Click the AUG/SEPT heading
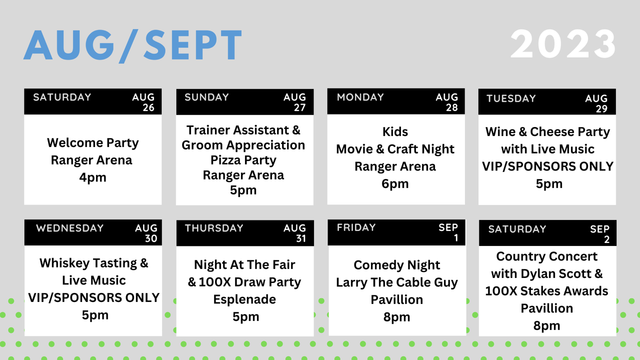tap(133, 45)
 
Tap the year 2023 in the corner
tap(563, 44)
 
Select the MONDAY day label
tap(360, 97)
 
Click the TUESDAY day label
tap(511, 98)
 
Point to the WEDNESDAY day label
tap(69, 228)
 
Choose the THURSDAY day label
tap(214, 228)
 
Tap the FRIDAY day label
tap(356, 227)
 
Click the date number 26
tap(148, 107)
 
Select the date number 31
tap(301, 238)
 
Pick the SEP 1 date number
tap(456, 237)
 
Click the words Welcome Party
tap(93, 143)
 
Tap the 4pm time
tap(93, 177)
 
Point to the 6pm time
tap(395, 184)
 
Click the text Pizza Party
tap(243, 160)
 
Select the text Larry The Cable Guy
tap(397, 282)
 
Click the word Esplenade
tap(244, 299)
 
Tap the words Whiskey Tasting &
tap(93, 263)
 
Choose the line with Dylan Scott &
tap(547, 273)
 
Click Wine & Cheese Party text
tap(547, 132)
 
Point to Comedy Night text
tap(397, 265)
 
